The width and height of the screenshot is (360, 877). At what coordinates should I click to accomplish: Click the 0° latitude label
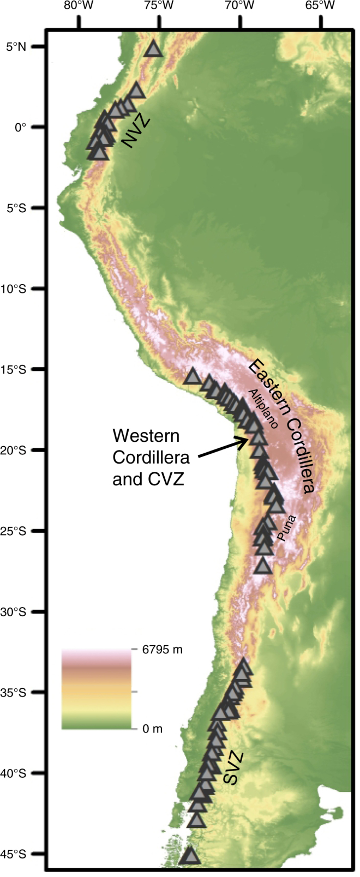coord(21,127)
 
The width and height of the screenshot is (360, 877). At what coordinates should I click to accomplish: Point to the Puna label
coord(286,528)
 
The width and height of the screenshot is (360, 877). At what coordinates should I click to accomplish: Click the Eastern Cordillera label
coord(282,427)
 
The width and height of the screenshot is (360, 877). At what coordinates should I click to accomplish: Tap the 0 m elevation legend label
coord(152,729)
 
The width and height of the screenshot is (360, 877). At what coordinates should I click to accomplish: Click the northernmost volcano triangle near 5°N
coord(154,49)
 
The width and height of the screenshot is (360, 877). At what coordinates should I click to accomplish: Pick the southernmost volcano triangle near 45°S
coord(190,855)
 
